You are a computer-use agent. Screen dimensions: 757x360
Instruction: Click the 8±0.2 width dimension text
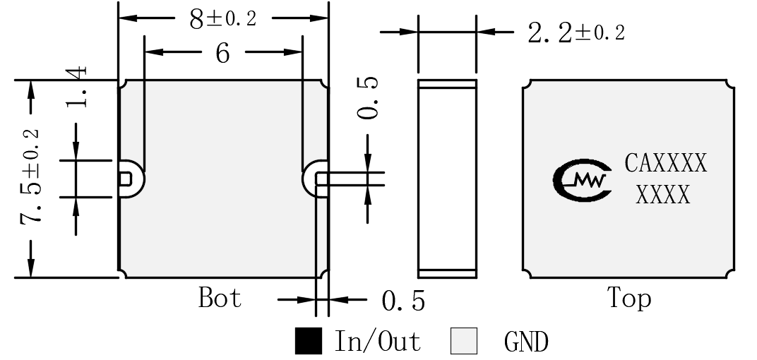(222, 19)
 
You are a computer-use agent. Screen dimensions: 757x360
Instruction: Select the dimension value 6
(222, 53)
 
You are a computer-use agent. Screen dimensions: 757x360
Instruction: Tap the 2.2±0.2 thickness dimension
(576, 33)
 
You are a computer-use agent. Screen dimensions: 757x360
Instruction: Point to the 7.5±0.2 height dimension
(30, 177)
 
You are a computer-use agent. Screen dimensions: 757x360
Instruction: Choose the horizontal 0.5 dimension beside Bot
(404, 301)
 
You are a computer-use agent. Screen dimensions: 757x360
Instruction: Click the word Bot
(220, 297)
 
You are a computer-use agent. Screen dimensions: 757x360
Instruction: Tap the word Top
(629, 298)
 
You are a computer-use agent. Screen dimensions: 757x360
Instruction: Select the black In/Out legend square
(309, 341)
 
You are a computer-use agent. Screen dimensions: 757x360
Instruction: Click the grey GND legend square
(464, 341)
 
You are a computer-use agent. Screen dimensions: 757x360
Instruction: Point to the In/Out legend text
(378, 341)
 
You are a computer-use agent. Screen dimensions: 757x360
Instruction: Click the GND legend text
(526, 342)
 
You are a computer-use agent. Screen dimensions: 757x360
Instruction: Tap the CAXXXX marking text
(666, 163)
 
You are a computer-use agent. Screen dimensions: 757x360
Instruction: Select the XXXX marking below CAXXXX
(663, 195)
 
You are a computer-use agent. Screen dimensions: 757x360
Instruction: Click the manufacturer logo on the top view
(583, 180)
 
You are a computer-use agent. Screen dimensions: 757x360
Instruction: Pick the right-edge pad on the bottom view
(321, 179)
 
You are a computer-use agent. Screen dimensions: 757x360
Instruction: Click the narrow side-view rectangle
(447, 179)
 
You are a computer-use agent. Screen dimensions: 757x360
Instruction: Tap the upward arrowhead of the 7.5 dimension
(31, 91)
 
